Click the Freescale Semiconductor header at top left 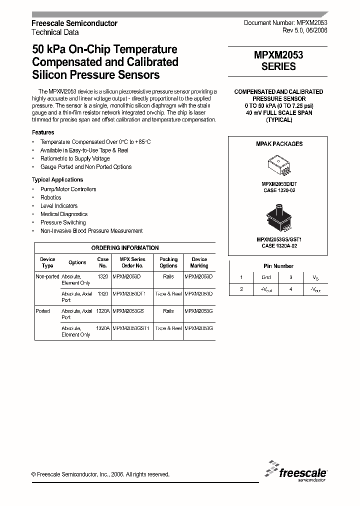pos(74,23)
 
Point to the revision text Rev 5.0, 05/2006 pos(304,31)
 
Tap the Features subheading pos(43,132)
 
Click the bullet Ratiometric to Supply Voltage pos(75,158)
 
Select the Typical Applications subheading pos(57,179)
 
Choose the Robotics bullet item pos(50,197)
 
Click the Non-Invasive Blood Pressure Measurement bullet pos(91,231)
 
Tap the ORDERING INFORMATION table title pos(125,248)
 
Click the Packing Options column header pos(168,262)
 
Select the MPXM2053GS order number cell pos(128,311)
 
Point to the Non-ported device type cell pos(47,276)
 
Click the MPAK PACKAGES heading pos(279,144)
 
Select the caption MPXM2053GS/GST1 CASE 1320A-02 pos(278,242)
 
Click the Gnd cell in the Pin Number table pos(266,277)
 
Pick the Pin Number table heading pos(278,266)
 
